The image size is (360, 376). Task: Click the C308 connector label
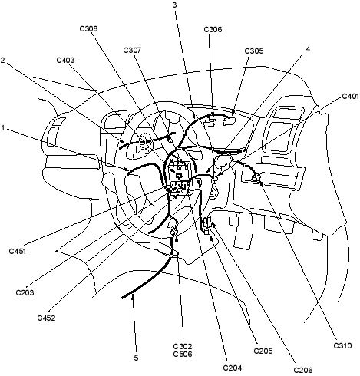click(x=88, y=28)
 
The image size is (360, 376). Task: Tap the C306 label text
click(x=213, y=29)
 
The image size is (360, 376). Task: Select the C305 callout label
click(x=254, y=51)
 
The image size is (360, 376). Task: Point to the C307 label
click(x=132, y=50)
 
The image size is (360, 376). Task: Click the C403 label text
click(x=65, y=60)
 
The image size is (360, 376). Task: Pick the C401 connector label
click(x=350, y=97)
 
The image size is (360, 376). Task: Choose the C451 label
click(x=18, y=251)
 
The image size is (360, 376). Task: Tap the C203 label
click(x=25, y=292)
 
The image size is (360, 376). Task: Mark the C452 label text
click(x=46, y=318)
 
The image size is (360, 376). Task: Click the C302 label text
click(x=183, y=346)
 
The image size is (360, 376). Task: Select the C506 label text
click(x=183, y=354)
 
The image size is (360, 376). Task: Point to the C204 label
click(x=233, y=368)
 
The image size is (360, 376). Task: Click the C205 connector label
click(x=263, y=351)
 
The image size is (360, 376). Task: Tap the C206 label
click(x=303, y=370)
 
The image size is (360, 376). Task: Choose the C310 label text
click(x=342, y=346)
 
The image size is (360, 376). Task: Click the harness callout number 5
click(x=136, y=358)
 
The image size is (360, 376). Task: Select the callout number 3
click(x=174, y=5)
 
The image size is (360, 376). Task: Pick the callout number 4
click(x=308, y=48)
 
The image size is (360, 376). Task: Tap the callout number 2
click(x=2, y=61)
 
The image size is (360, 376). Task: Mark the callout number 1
click(x=3, y=127)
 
